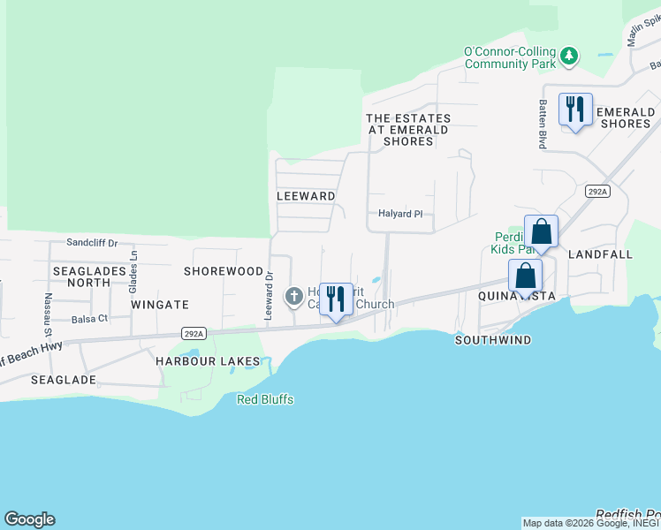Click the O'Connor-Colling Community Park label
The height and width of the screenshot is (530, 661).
510,58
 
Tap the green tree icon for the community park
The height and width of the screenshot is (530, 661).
571,56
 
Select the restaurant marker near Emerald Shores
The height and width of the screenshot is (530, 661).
575,110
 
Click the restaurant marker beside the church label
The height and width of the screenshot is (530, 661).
336,300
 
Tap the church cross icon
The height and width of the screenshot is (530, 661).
294,297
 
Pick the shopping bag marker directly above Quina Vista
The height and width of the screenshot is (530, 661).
526,276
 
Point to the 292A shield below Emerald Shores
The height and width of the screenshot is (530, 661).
597,191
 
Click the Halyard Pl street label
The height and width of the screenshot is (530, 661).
400,214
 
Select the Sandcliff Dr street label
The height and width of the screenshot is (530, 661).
92,242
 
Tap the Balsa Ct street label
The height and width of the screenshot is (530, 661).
89,319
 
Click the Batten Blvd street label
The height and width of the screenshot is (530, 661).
543,125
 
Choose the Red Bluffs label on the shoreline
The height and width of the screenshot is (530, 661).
265,400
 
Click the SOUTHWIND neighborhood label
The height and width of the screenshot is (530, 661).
493,340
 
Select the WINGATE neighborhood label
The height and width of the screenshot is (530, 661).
160,305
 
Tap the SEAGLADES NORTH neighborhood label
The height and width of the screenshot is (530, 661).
81,276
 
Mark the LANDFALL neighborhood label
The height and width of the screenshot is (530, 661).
601,254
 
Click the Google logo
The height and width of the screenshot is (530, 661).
29,519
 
